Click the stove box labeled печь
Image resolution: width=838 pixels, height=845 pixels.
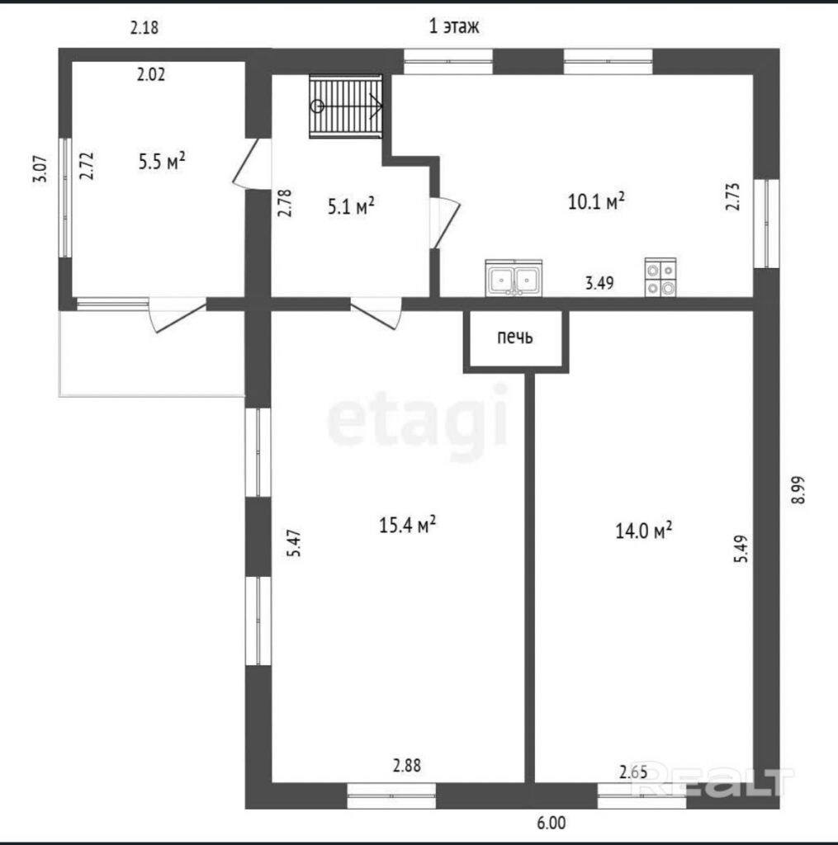(x=516, y=341)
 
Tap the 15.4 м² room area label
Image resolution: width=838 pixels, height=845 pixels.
(x=407, y=525)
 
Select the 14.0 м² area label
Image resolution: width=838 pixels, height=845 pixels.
(x=643, y=531)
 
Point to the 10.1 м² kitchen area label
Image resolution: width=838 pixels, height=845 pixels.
(x=596, y=201)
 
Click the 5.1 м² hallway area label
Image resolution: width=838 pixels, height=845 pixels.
(x=351, y=205)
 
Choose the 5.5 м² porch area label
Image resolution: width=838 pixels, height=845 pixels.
(x=162, y=161)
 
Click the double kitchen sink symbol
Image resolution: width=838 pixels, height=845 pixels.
(x=514, y=278)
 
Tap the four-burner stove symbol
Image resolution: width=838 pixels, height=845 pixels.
(x=660, y=277)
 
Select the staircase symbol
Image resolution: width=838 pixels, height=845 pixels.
(x=346, y=106)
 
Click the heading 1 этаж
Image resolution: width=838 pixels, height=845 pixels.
(x=453, y=26)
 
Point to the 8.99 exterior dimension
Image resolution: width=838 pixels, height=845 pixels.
(x=798, y=490)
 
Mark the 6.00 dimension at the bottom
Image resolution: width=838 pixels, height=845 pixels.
(x=552, y=823)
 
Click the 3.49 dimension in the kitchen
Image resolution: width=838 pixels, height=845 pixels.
(x=599, y=283)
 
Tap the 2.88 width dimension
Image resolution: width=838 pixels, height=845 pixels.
(x=406, y=765)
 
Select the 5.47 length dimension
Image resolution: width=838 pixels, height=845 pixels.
(x=294, y=543)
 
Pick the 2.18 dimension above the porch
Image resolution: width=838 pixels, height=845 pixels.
(x=144, y=27)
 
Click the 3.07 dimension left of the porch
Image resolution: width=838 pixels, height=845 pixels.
(x=41, y=170)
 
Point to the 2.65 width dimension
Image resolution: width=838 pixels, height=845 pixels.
(x=633, y=772)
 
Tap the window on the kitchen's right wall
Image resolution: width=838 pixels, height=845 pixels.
(x=766, y=223)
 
